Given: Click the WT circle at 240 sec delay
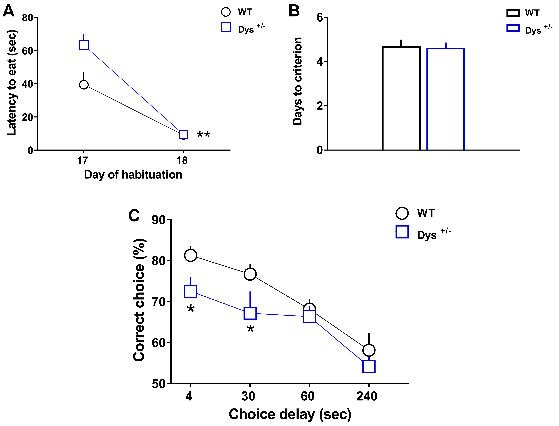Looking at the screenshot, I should click(369, 350).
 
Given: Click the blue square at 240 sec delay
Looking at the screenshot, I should click(369, 367).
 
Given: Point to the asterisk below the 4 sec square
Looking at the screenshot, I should click(191, 309).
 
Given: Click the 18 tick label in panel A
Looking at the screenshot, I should click(182, 160).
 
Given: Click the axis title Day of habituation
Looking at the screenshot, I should click(133, 175).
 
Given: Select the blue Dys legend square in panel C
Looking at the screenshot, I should click(402, 232).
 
